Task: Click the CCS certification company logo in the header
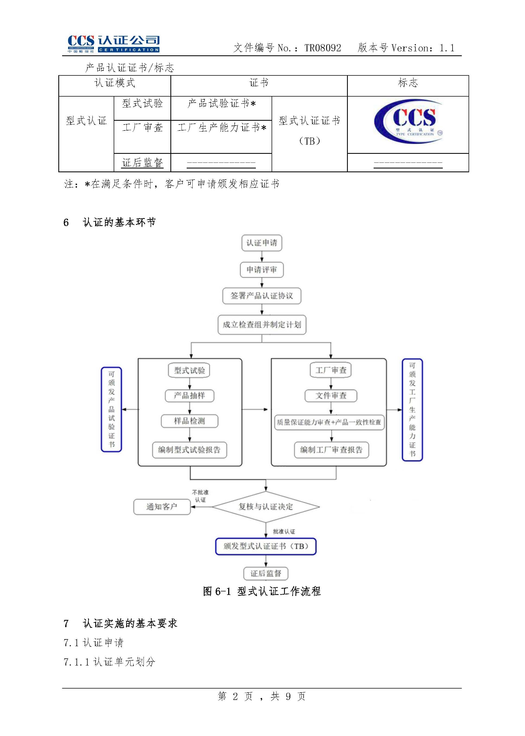point(113,44)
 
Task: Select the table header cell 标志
point(408,83)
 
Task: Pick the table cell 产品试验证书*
point(221,103)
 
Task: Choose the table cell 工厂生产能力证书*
point(221,128)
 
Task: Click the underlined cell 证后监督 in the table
point(142,163)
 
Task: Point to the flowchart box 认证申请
point(262,243)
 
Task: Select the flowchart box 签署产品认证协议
point(262,296)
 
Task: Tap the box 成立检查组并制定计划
point(262,324)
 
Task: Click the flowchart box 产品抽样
point(189,396)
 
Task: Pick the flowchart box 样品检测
point(189,421)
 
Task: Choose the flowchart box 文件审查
point(331,396)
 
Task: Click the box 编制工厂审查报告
point(331,450)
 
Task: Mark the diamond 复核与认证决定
point(266,506)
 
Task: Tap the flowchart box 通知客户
point(162,506)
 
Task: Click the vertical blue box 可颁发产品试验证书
point(111,409)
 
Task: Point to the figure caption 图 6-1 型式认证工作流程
point(262,591)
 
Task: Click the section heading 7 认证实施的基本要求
point(120,623)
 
